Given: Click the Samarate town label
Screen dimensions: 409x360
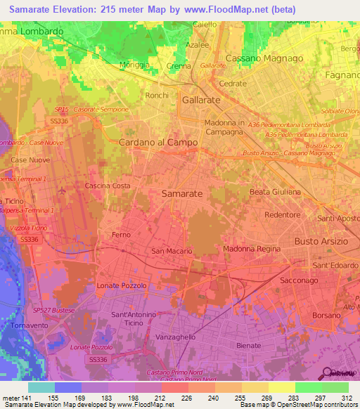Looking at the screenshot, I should tap(182, 193).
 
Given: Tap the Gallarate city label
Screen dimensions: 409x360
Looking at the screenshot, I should tap(201, 100).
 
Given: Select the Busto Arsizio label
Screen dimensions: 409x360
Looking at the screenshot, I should tap(321, 242).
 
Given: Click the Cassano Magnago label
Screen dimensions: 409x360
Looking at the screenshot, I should tap(264, 58).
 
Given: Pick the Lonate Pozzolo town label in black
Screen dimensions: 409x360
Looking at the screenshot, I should tap(122, 286).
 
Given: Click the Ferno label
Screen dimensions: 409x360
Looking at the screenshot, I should tap(121, 234).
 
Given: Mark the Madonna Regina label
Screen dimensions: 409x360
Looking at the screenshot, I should tap(252, 249).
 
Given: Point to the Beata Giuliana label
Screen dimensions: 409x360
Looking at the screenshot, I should tap(276, 191).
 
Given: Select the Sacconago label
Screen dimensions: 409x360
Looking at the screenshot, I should tap(316, 280).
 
